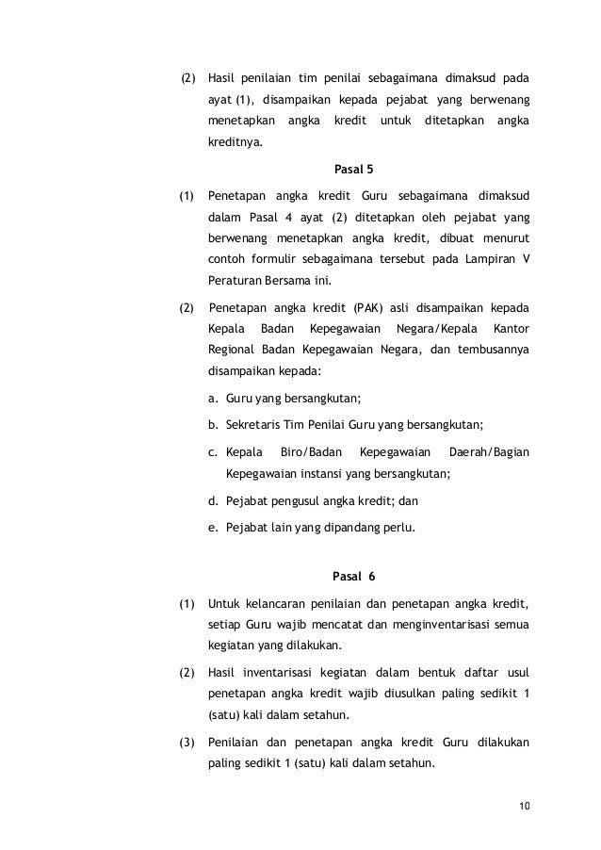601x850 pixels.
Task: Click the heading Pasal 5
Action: (x=353, y=172)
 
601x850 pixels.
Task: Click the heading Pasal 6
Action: (x=354, y=575)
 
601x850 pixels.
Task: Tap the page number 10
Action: (x=525, y=806)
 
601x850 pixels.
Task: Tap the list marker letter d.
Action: (x=213, y=500)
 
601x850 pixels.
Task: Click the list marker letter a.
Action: (x=213, y=398)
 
